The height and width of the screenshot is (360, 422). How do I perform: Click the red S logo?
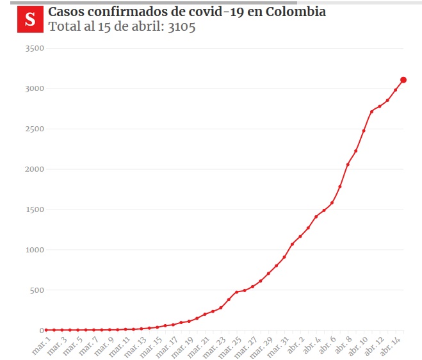(x=30, y=19)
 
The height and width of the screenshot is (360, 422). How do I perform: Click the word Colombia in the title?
(x=295, y=12)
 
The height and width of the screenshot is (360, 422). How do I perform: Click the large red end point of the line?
(x=403, y=80)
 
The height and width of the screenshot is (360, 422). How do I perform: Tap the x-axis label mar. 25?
(x=229, y=345)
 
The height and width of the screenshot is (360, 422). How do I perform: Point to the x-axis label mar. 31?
(x=277, y=345)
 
